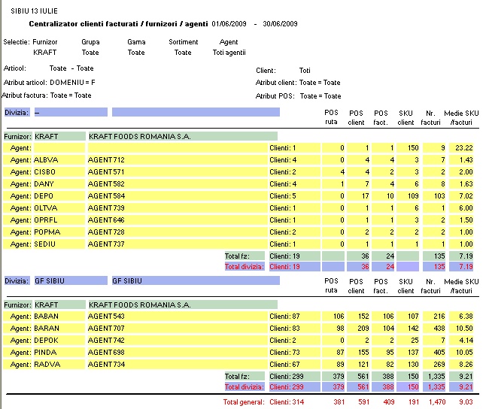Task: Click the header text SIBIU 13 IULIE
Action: (34, 11)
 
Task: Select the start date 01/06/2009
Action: (229, 24)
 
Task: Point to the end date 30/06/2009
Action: (280, 24)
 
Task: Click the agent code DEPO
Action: (44, 196)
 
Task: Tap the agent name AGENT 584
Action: (106, 196)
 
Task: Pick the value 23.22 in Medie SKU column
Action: (464, 148)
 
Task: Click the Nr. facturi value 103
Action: (439, 196)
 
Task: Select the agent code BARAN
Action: (47, 329)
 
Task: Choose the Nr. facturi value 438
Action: (439, 329)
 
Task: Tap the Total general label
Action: (244, 402)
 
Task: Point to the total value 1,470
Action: (437, 402)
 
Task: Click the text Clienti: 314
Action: (287, 402)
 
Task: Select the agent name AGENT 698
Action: (106, 353)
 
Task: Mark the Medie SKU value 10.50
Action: (464, 329)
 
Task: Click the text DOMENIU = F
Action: (72, 83)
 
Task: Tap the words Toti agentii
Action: (229, 53)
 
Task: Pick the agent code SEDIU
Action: (44, 244)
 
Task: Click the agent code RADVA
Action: (47, 365)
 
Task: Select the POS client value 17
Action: (366, 196)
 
